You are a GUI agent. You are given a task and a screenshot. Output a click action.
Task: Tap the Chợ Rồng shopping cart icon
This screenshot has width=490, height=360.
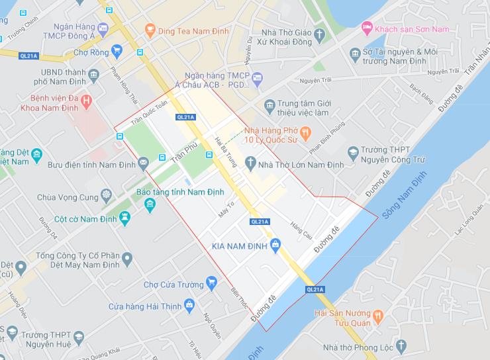117,50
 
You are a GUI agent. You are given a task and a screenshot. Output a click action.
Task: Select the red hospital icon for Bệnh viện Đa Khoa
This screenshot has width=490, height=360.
87,100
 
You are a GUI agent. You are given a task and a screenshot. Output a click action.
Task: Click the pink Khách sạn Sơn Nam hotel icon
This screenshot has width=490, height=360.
366,29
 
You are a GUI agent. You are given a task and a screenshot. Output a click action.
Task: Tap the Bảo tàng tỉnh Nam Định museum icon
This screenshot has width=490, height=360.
150,203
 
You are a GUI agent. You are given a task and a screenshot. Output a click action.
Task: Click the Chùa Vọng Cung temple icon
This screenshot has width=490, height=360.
106,196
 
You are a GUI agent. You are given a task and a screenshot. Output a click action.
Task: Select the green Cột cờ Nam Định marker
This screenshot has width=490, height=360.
124,217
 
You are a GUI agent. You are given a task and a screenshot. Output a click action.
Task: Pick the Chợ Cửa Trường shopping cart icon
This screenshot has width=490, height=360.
211,283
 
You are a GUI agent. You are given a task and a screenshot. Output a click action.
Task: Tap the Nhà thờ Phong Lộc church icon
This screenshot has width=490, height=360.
401,346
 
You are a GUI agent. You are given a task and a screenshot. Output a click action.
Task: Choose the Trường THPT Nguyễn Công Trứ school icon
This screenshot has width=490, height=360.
354,154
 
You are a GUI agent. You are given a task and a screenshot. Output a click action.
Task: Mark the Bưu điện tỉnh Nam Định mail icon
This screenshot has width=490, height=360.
142,163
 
